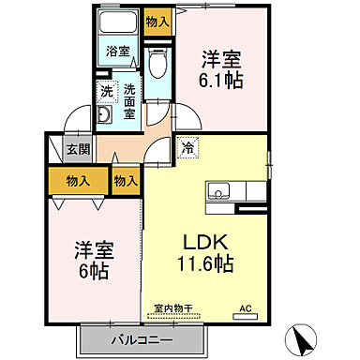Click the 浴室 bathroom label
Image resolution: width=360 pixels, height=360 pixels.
click(x=116, y=52)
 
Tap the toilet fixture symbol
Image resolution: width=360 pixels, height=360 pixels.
click(x=158, y=65)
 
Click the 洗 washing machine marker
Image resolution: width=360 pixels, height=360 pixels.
click(x=106, y=93)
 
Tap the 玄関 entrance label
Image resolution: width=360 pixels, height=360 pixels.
click(x=77, y=149)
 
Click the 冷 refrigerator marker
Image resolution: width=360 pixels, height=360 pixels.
click(x=187, y=147)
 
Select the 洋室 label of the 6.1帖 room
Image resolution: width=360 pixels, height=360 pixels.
click(x=222, y=56)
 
